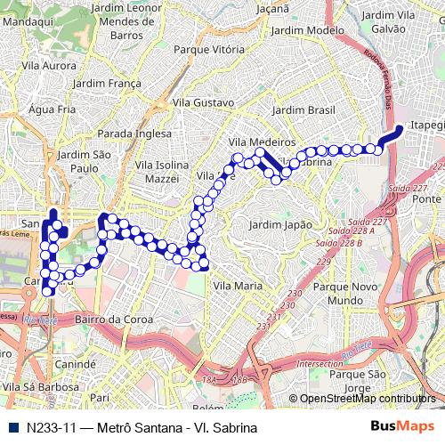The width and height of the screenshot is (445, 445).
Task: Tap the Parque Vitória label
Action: click(x=209, y=50)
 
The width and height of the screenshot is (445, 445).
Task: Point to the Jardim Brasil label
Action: click(x=304, y=109)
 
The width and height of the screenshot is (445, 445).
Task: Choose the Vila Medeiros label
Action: click(x=262, y=142)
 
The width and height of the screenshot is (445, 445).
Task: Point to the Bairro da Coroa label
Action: click(x=110, y=319)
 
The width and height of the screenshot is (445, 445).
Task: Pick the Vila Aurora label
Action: click(x=49, y=66)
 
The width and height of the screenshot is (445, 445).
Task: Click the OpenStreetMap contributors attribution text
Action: click(x=368, y=399)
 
